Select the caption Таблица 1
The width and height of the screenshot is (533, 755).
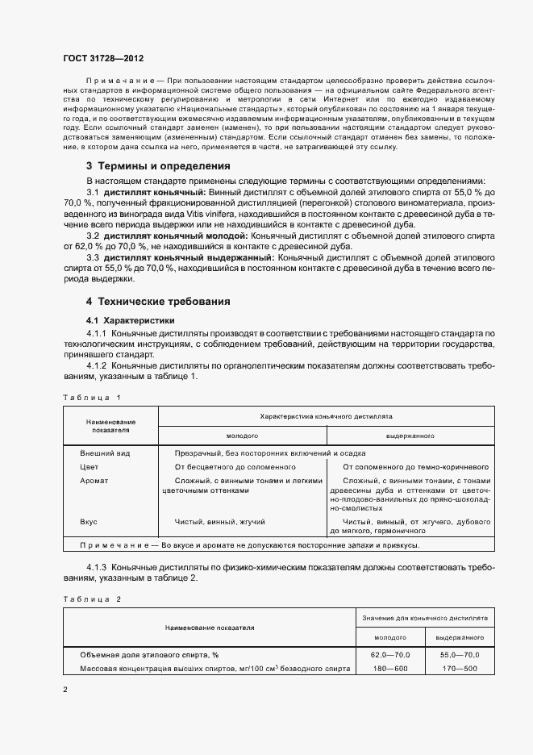[92, 397]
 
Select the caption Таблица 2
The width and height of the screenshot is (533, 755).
[92, 599]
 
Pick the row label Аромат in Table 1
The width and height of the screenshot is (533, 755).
[94, 480]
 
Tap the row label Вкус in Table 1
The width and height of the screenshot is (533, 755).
[89, 522]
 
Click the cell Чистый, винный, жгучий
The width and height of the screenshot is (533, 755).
[220, 522]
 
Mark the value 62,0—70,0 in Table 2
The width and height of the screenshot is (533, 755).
[390, 654]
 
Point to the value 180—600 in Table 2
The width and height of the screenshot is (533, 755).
[390, 669]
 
